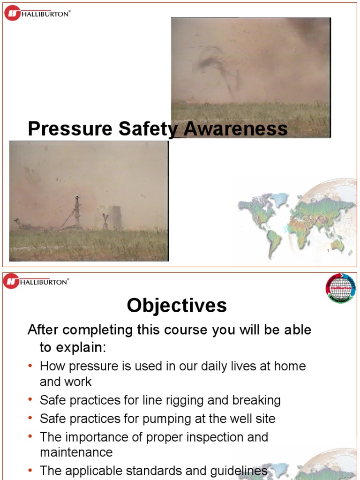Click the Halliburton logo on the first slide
[x=37, y=13]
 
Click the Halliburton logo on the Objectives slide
[x=36, y=281]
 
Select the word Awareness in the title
[x=235, y=129]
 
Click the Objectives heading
[x=177, y=306]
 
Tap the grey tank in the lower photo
[x=112, y=217]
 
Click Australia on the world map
[x=337, y=245]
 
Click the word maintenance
[x=76, y=452]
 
